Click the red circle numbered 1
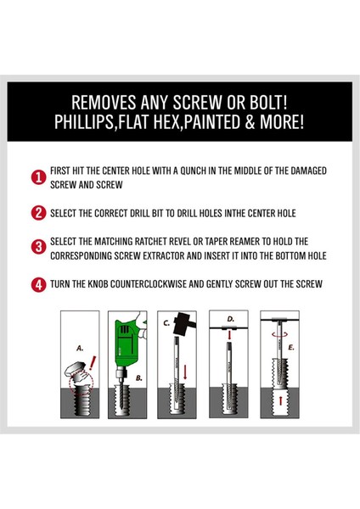tap(39, 178)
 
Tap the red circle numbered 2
tap(39, 213)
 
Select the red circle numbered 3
tap(39, 247)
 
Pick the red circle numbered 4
tap(39, 285)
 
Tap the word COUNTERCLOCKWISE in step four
tap(148, 284)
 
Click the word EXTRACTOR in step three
tap(163, 256)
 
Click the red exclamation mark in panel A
tap(93, 363)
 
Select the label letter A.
tap(80, 349)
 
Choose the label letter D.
tap(230, 320)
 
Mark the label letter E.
tap(290, 348)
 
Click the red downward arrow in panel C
tap(185, 372)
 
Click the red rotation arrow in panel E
tap(279, 334)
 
